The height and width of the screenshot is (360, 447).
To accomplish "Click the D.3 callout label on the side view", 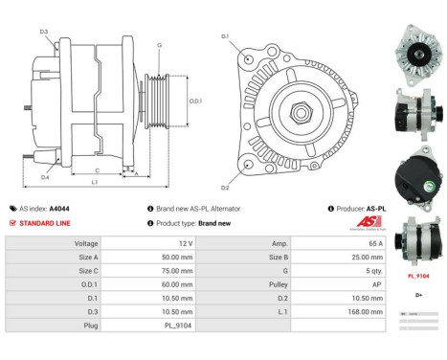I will [44, 33].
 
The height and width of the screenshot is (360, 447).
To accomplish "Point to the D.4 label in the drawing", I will [44, 177].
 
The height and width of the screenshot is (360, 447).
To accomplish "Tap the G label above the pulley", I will [159, 45].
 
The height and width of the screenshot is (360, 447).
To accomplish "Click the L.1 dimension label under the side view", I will [94, 182].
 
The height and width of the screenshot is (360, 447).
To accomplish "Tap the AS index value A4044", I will [59, 208].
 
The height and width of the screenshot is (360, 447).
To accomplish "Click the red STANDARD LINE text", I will [43, 222].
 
